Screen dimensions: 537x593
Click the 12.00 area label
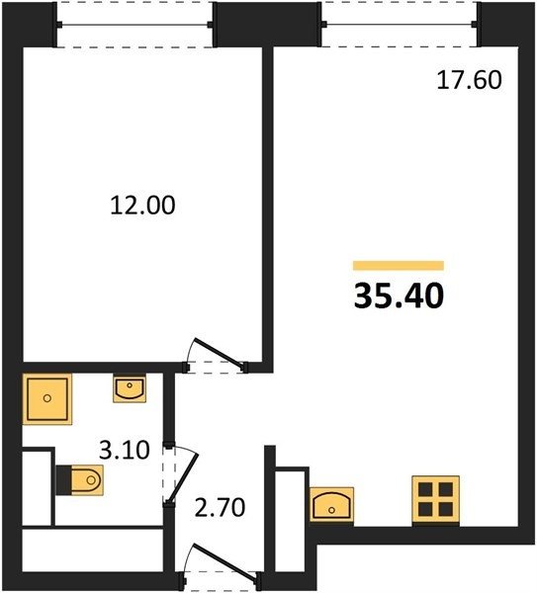[x=142, y=206]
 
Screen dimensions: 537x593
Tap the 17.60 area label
[x=470, y=80]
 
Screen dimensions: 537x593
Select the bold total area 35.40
[x=399, y=296]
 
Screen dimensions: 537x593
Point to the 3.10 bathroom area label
[x=125, y=451]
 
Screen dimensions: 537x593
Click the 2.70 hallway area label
[x=220, y=508]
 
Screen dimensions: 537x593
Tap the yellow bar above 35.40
[x=399, y=266]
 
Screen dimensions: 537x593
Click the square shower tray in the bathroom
[x=47, y=399]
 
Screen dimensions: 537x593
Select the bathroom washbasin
[x=130, y=388]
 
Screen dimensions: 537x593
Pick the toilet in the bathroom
[x=80, y=480]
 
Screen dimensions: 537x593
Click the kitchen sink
[x=331, y=504]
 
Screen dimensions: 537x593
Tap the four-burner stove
[x=435, y=499]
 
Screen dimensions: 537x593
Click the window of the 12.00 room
[x=134, y=25]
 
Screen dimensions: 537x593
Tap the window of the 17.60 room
[x=400, y=25]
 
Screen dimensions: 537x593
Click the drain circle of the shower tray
[x=47, y=398]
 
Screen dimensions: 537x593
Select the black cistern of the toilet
[x=63, y=480]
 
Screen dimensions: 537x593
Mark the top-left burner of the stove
[x=425, y=489]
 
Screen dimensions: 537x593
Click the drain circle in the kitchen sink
[x=332, y=510]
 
